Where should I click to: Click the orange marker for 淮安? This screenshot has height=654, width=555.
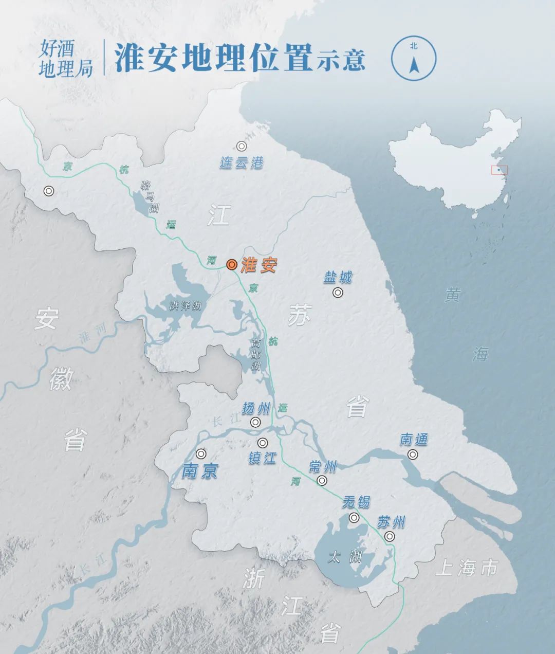pyautogui.click(x=232, y=265)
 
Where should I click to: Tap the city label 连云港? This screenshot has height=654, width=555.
pyautogui.click(x=242, y=163)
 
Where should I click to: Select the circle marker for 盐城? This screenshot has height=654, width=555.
pyautogui.click(x=338, y=293)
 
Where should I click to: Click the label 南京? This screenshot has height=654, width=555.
pyautogui.click(x=199, y=470)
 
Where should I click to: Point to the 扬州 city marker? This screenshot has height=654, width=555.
pyautogui.click(x=255, y=423)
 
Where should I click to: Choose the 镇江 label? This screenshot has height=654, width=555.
pyautogui.click(x=262, y=457)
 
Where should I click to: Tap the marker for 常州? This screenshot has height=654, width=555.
pyautogui.click(x=322, y=481)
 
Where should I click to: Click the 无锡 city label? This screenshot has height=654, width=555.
pyautogui.click(x=356, y=501)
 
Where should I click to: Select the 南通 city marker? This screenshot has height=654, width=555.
pyautogui.click(x=413, y=455)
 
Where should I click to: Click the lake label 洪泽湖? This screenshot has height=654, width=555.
pyautogui.click(x=186, y=306)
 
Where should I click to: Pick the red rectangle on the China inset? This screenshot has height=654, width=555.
pyautogui.click(x=499, y=170)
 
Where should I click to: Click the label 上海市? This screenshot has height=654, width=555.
pyautogui.click(x=467, y=568)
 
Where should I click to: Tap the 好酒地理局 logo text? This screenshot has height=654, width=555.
pyautogui.click(x=65, y=59)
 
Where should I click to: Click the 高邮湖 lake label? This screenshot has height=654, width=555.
pyautogui.click(x=255, y=354)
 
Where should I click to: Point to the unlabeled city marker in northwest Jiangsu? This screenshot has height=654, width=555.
pyautogui.click(x=49, y=191)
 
